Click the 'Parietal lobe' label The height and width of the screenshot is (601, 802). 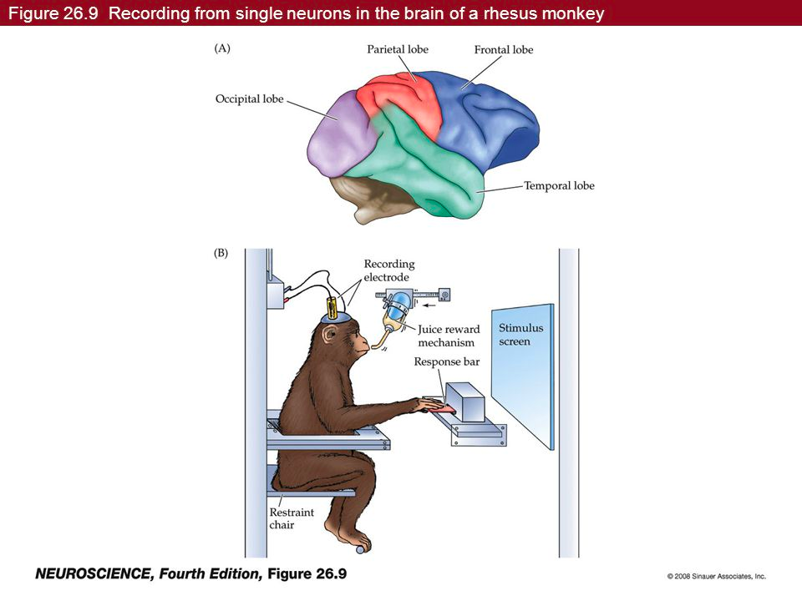coord(398,49)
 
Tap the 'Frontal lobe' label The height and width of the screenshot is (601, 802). coord(503,50)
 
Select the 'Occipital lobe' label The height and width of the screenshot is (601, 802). coord(249,99)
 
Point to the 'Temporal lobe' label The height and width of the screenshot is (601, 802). coord(559,186)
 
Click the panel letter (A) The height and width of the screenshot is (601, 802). coord(223,48)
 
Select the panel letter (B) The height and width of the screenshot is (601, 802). coord(223,255)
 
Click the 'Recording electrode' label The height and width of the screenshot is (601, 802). coord(388,270)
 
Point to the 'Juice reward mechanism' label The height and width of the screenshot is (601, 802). coord(448,336)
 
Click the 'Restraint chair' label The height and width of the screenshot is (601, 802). coord(291,518)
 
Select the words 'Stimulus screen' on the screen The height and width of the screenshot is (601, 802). coord(520,335)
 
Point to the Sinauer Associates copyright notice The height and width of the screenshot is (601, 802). coord(716,576)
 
